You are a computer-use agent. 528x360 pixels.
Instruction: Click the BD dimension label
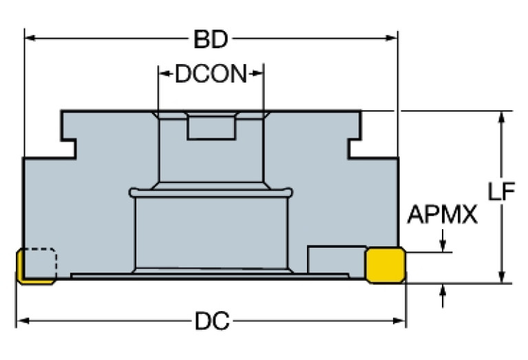click(x=211, y=41)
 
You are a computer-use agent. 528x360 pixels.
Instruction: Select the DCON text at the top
click(x=211, y=74)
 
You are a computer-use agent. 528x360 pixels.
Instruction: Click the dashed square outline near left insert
click(x=42, y=262)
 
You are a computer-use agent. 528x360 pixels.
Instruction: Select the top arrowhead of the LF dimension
click(x=503, y=116)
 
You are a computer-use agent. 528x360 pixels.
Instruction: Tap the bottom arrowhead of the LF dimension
click(x=503, y=277)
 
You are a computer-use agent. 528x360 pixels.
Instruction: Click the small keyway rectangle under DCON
click(x=211, y=127)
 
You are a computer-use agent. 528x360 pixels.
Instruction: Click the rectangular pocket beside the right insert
click(x=336, y=260)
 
